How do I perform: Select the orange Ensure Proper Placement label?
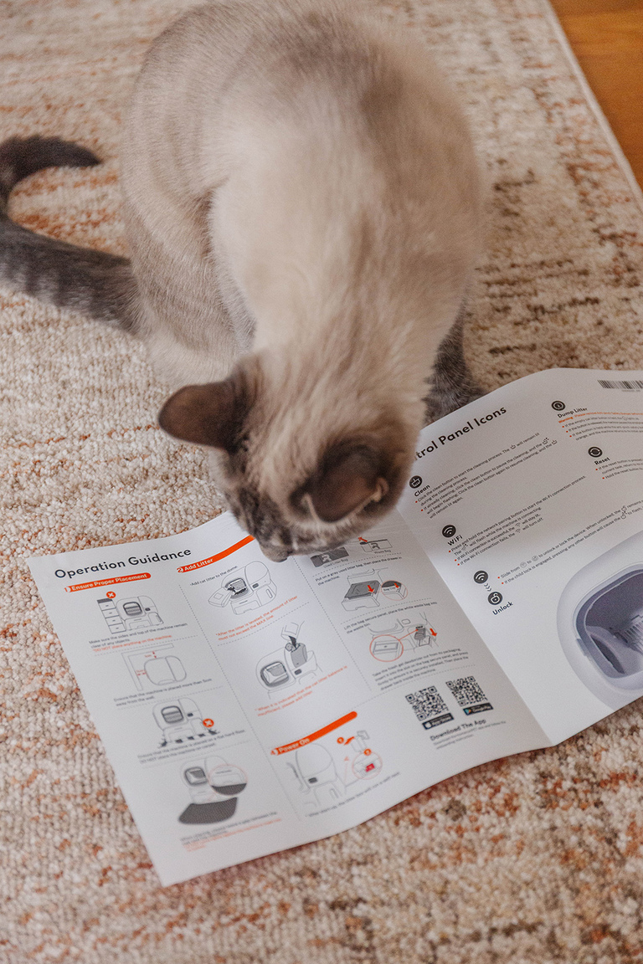(109, 582)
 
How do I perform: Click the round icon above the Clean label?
(415, 482)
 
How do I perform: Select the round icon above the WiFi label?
(449, 531)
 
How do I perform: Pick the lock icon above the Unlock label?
(495, 597)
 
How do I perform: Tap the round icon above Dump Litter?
(558, 406)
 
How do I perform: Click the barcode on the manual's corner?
(620, 385)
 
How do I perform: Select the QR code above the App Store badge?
(426, 704)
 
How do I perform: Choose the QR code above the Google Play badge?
(467, 691)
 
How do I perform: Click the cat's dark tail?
(42, 226)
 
